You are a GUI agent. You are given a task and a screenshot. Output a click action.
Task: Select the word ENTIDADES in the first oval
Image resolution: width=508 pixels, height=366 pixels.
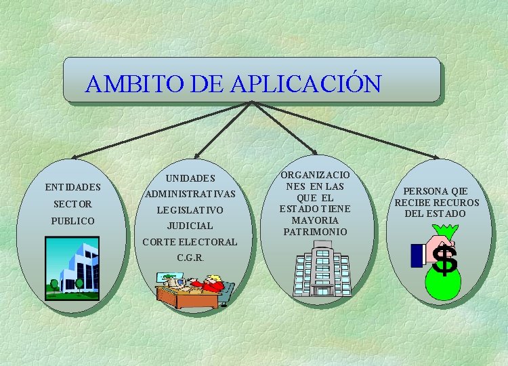click(x=72, y=187)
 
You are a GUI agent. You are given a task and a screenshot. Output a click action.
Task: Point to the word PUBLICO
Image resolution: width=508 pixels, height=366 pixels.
click(x=72, y=221)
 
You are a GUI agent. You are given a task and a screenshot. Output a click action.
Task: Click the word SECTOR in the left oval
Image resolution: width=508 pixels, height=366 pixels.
click(x=72, y=204)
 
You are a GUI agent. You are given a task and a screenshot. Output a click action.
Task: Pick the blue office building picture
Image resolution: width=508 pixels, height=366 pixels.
click(x=71, y=268)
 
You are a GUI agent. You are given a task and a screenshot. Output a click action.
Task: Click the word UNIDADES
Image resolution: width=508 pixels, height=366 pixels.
click(x=190, y=179)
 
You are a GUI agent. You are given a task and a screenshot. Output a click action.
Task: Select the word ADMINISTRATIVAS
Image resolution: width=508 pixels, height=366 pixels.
click(x=190, y=195)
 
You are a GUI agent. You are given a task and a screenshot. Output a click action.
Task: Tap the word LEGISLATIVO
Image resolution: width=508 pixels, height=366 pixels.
click(x=190, y=211)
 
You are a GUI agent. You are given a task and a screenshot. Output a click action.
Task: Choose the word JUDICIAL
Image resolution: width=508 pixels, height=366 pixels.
click(x=190, y=226)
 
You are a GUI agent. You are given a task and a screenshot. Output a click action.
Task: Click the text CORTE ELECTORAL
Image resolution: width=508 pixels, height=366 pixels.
click(x=190, y=242)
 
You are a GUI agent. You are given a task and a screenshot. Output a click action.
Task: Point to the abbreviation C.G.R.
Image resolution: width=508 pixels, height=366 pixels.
click(x=190, y=258)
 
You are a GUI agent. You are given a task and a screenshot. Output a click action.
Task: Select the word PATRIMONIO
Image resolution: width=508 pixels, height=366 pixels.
click(x=315, y=232)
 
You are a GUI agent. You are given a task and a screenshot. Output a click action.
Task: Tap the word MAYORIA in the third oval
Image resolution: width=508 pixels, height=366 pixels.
click(x=315, y=220)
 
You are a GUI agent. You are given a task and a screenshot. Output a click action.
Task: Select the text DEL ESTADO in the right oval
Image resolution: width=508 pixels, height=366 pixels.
click(x=436, y=214)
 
